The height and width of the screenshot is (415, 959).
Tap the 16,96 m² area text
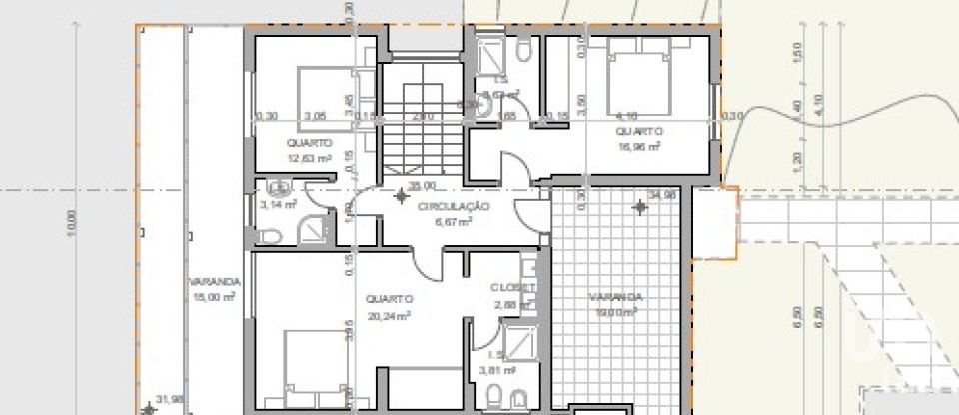[x=638, y=146]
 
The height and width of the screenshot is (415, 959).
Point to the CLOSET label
[x=513, y=288]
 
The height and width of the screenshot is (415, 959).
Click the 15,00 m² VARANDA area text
[x=213, y=297]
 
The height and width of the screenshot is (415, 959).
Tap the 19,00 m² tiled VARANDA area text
[x=615, y=312]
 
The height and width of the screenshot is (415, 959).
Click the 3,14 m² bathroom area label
[x=278, y=204]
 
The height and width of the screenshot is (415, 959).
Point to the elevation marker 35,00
[x=421, y=186]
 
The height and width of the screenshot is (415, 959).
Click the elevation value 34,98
[x=661, y=195]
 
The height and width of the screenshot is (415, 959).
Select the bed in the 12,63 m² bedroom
[x=325, y=98]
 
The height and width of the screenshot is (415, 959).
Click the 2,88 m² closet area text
[x=513, y=303]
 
